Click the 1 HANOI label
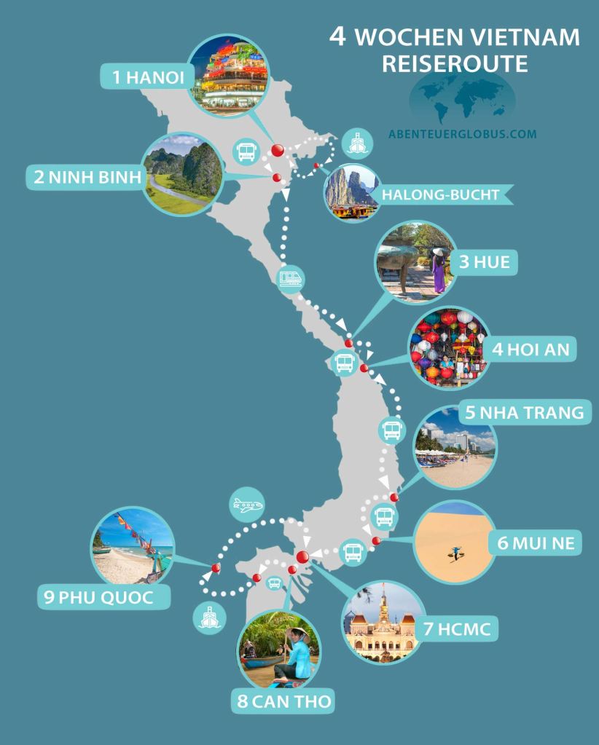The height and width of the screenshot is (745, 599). pos(144,78)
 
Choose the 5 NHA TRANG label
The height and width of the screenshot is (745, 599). pos(523,413)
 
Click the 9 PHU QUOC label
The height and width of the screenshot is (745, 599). pos(105,597)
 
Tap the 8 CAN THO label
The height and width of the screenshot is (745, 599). pos(283,702)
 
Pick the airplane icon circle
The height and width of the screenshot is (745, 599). pos(246,505)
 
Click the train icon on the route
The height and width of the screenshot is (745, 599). pos(290,278)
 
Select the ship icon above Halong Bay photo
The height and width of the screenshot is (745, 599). pos(356,143)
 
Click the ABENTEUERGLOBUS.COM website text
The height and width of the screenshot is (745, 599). pos(462,134)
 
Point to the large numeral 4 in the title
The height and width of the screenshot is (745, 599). pos(337,37)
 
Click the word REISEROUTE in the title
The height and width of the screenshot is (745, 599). pos(455,64)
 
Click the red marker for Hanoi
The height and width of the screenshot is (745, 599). pos(278,150)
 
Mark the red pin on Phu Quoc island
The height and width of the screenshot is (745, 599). pos(216,568)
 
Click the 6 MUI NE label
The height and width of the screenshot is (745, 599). pos(536,543)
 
